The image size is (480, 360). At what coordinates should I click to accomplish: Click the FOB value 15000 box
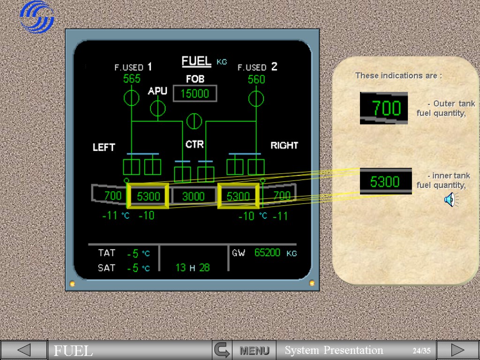(x=195, y=94)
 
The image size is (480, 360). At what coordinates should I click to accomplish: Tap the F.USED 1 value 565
(x=132, y=79)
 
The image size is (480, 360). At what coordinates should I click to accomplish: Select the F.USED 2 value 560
(x=256, y=79)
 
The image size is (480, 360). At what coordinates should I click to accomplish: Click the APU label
(x=157, y=91)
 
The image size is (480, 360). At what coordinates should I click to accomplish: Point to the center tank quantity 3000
(x=193, y=196)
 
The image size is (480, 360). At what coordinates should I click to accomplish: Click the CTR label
(x=195, y=144)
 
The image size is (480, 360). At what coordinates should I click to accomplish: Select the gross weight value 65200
(x=267, y=253)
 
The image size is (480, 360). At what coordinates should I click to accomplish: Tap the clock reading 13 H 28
(x=193, y=268)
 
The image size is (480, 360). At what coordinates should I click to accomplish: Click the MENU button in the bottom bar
(x=255, y=350)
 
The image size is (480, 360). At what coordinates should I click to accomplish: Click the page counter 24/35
(x=421, y=351)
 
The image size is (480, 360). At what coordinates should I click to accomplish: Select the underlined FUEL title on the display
(x=196, y=61)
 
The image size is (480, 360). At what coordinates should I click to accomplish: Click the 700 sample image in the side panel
(x=383, y=108)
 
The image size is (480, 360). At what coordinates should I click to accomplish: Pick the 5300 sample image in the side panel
(x=385, y=181)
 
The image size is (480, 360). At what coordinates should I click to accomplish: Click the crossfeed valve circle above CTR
(x=194, y=121)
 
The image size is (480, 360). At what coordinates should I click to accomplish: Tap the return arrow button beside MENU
(x=222, y=350)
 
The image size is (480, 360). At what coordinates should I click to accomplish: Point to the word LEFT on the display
(x=104, y=147)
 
